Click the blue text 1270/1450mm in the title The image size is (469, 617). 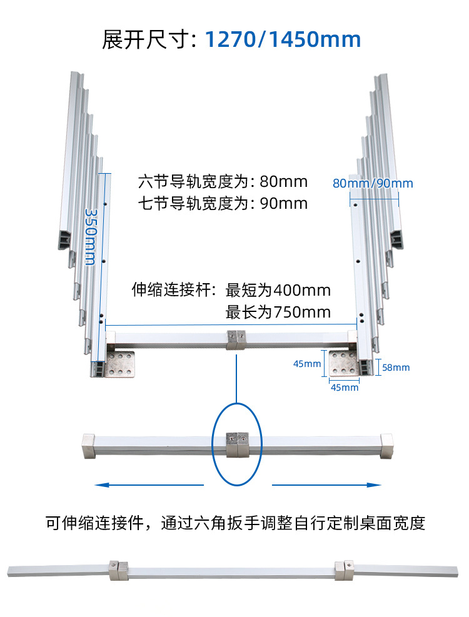[x=283, y=39]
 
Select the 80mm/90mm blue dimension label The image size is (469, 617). [x=373, y=183]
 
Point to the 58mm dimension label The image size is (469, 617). [x=396, y=368]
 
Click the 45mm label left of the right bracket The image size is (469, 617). [x=306, y=364]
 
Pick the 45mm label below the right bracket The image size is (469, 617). [x=345, y=388]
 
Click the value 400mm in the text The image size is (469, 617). [x=303, y=290]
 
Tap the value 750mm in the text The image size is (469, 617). [x=303, y=312]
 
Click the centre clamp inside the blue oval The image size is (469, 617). [x=236, y=444]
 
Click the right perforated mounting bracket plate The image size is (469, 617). [x=345, y=364]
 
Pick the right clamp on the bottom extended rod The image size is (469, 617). [x=343, y=569]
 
